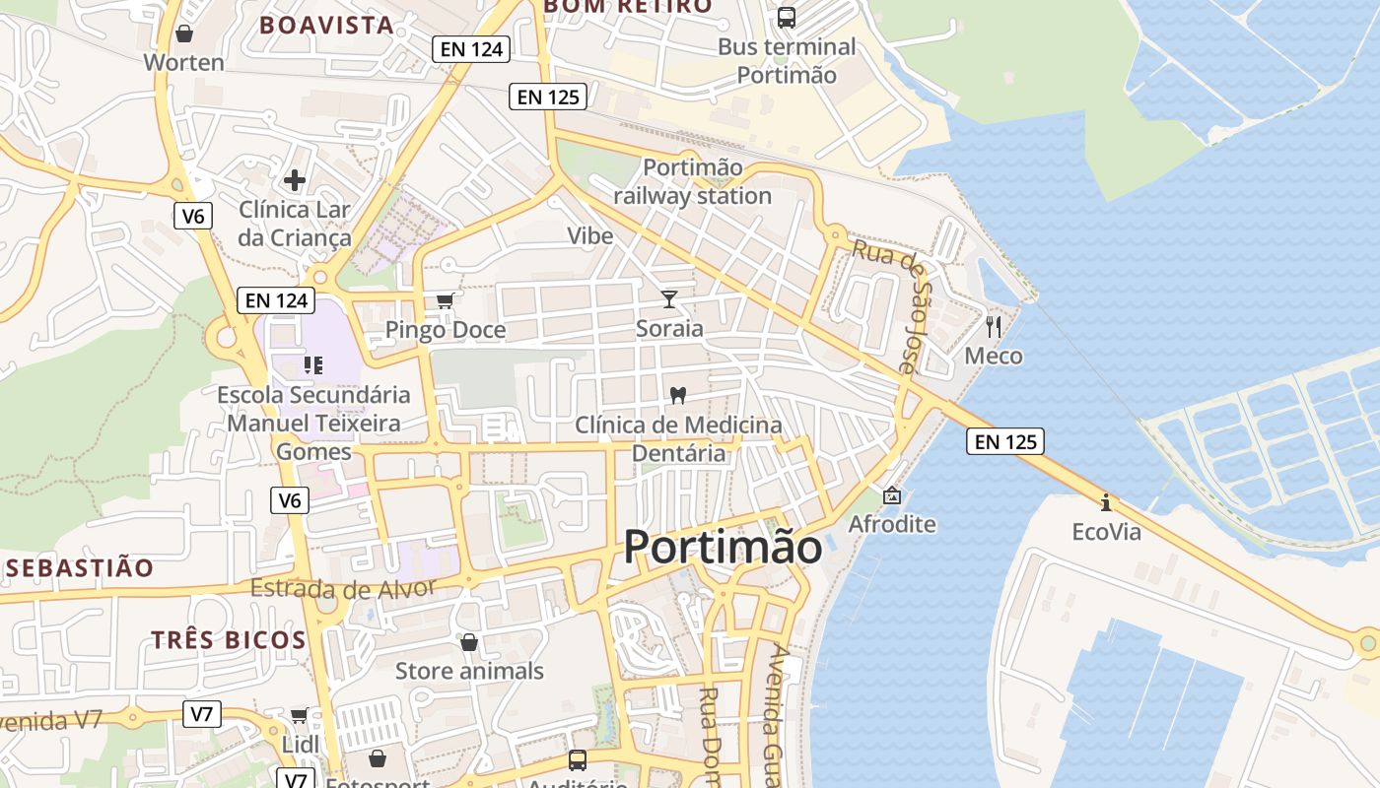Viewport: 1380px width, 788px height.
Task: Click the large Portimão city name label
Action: point(723,547)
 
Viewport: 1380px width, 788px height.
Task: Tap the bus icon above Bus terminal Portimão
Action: point(786,17)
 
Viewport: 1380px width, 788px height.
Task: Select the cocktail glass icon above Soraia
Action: point(669,298)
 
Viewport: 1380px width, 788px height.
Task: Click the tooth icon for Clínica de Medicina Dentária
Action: point(677,395)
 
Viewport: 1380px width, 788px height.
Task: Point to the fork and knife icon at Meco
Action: point(994,326)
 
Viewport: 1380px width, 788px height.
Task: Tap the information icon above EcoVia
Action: point(1106,502)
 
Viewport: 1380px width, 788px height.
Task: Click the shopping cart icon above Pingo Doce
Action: point(446,300)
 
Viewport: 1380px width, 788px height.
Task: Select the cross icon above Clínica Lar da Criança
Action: point(294,180)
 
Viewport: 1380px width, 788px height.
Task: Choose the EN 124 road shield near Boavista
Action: point(470,49)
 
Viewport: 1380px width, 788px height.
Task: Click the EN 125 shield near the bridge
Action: point(1006,441)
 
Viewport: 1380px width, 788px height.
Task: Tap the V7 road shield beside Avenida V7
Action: point(201,714)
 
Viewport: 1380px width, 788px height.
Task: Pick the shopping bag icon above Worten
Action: point(183,34)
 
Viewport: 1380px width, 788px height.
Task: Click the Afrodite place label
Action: point(892,523)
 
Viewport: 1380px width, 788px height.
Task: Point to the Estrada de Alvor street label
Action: point(342,589)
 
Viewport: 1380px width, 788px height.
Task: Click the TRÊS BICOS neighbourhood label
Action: point(229,639)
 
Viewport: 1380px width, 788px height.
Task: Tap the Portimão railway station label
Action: point(692,181)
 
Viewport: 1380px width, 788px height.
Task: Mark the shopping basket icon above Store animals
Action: point(469,642)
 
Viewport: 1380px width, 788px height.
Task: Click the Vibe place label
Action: point(589,235)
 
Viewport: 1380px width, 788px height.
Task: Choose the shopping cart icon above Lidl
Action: point(299,715)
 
